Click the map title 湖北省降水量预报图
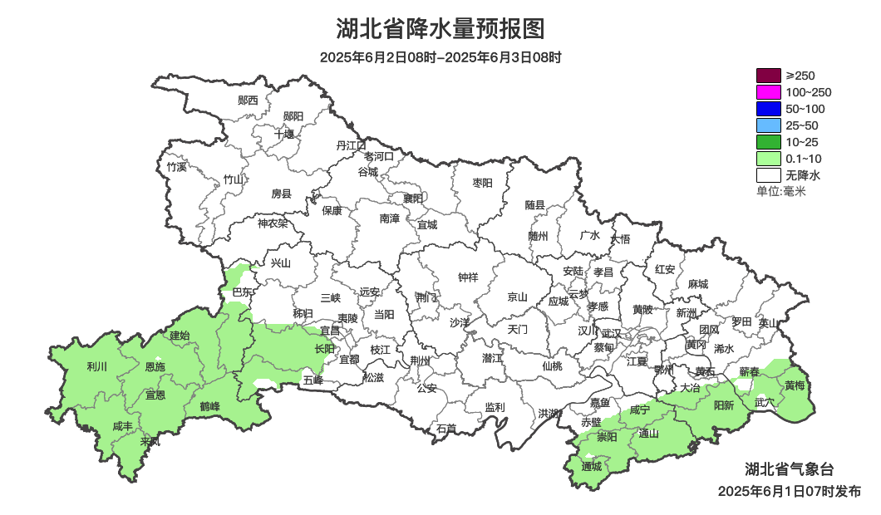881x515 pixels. click(x=440, y=29)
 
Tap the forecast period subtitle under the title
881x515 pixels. click(x=440, y=58)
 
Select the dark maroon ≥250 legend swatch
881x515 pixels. click(x=769, y=76)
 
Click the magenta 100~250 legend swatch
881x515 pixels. click(x=769, y=92)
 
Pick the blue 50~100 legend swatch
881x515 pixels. click(x=769, y=109)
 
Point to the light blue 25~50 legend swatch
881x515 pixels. click(x=769, y=125)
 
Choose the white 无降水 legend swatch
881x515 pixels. click(x=769, y=175)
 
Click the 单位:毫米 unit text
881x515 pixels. click(x=781, y=191)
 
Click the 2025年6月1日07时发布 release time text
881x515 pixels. click(x=790, y=492)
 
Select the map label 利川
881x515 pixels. click(x=97, y=366)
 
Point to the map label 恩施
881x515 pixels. click(x=155, y=366)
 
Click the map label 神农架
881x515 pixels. click(x=273, y=223)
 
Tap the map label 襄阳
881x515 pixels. click(x=413, y=198)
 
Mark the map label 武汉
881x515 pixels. click(x=611, y=332)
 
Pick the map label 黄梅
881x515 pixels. click(x=795, y=385)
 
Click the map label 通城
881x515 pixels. click(x=591, y=466)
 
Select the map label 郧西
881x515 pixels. click(x=248, y=101)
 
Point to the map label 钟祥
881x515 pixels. click(x=469, y=278)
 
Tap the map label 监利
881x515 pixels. click(x=495, y=407)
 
